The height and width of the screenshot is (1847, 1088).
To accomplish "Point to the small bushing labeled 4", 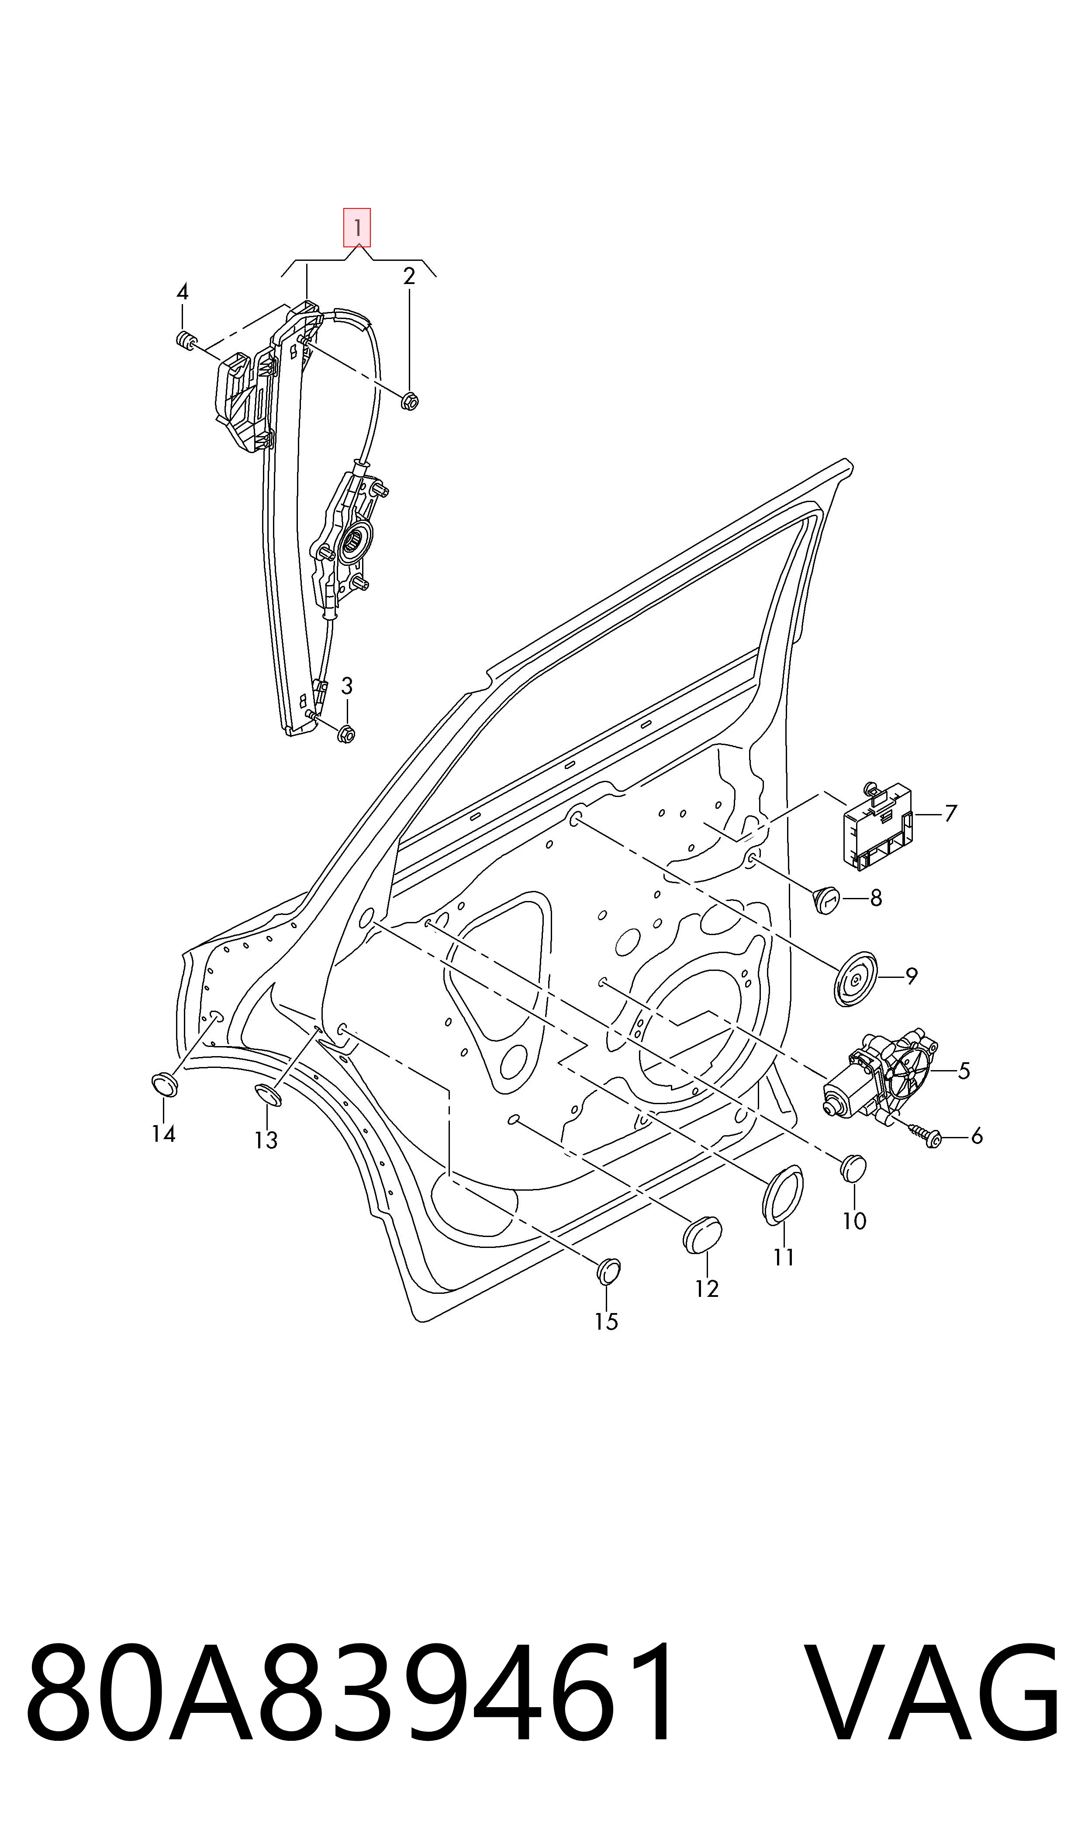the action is coord(187,340).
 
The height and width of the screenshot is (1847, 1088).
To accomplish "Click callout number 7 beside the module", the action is coord(950,813).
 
